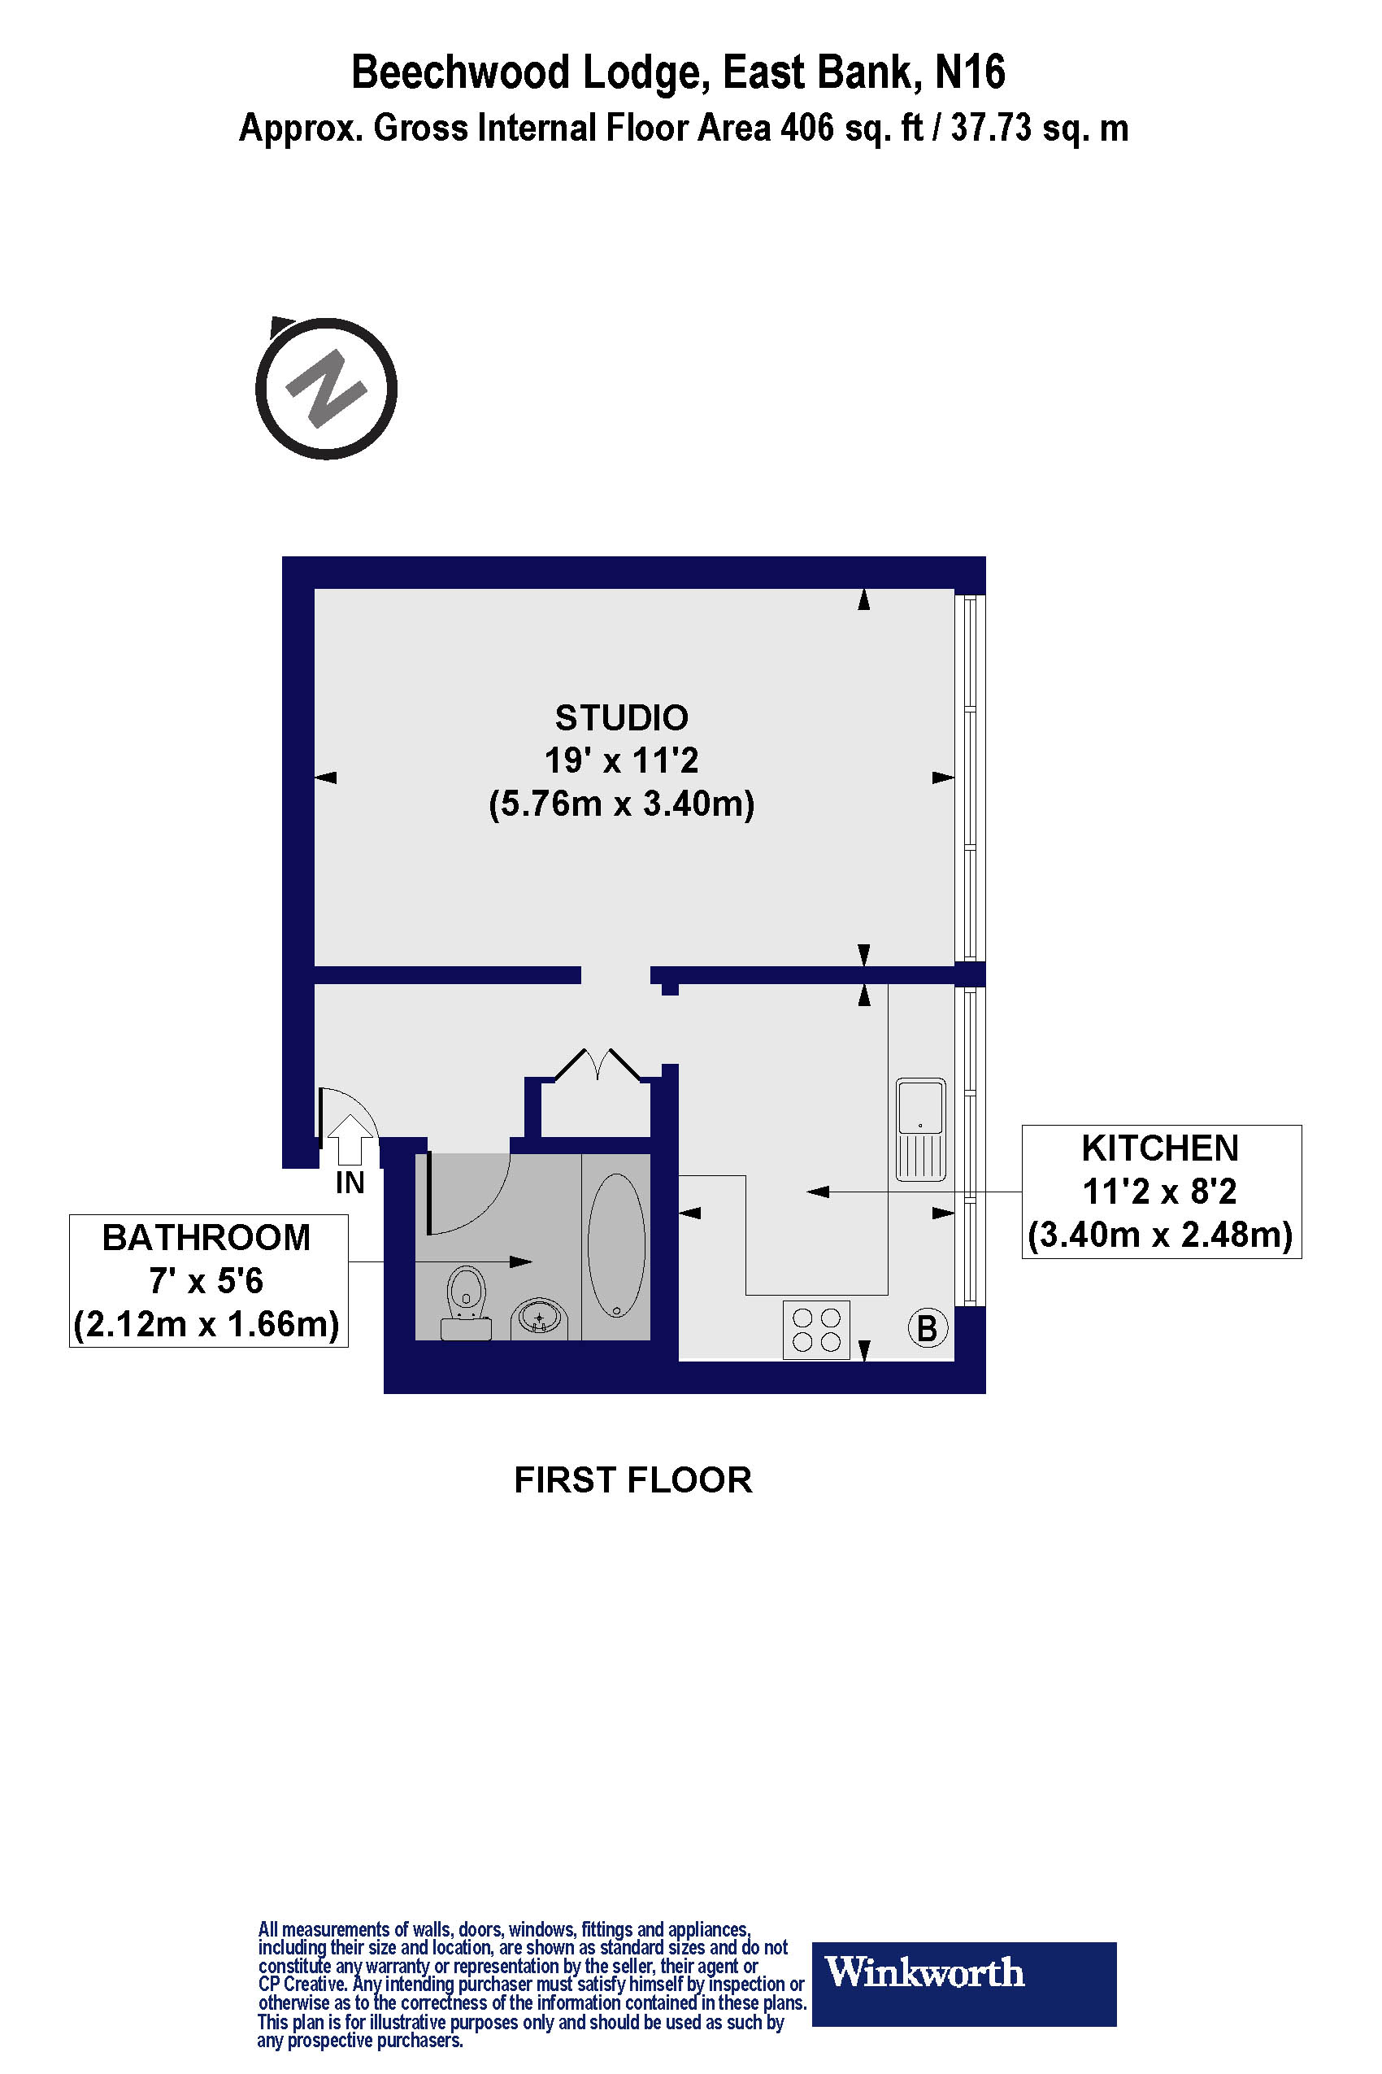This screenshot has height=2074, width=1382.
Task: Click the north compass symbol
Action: coord(326,387)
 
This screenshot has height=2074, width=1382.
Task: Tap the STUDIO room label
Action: coord(621,718)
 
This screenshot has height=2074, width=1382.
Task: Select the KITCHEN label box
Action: coord(1162,1192)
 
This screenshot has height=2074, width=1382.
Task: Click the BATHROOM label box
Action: coord(209,1280)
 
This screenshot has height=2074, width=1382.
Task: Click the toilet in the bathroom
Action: coord(467,1302)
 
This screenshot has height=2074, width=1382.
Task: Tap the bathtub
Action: coord(616,1245)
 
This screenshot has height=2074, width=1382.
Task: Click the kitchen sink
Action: coord(920,1130)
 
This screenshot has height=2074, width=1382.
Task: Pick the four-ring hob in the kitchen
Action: coord(816,1330)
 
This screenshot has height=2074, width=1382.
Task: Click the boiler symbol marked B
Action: coord(928,1328)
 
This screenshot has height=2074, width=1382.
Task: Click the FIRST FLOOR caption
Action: coord(632,1479)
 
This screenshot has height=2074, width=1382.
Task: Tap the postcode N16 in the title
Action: coord(970,72)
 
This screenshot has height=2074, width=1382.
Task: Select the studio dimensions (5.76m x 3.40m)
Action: coord(621,804)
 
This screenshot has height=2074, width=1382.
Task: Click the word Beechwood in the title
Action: coord(461,72)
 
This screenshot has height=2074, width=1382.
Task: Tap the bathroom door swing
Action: coord(467,1191)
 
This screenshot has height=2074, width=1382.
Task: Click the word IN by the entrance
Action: coord(350,1183)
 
